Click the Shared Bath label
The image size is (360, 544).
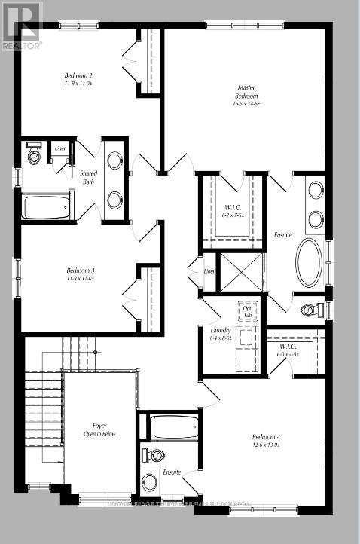point(88,177)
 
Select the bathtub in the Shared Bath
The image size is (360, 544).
point(47,205)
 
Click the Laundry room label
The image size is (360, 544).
point(220,334)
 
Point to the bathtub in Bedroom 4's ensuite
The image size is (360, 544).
point(175,426)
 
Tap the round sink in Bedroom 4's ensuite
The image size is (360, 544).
point(150,481)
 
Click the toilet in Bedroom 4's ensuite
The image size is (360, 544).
point(157,454)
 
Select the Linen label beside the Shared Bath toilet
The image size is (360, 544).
point(60,148)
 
